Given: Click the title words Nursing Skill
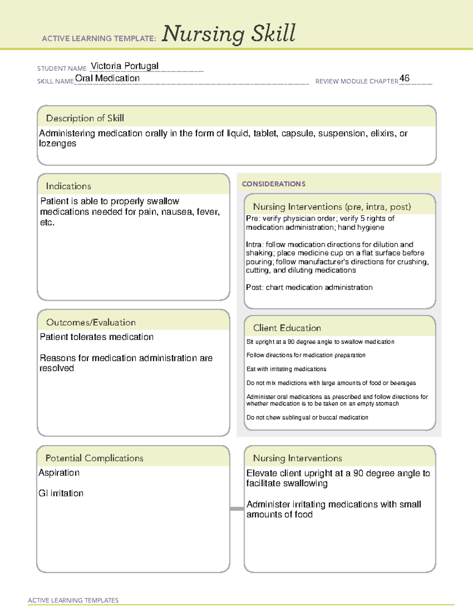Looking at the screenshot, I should [x=228, y=34].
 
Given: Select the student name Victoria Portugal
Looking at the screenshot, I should [x=125, y=66].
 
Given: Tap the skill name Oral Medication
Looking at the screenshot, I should [x=107, y=78].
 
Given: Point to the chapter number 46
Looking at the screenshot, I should [x=404, y=78].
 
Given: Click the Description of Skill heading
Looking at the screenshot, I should [x=85, y=118].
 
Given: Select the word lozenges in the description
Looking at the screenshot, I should [x=58, y=144].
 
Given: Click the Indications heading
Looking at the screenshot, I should [x=68, y=186].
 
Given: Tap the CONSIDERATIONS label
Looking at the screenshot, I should [x=274, y=184].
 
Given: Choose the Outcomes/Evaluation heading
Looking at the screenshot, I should [x=91, y=322].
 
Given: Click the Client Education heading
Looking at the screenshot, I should [x=287, y=328].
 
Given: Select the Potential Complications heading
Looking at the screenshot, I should [x=94, y=458].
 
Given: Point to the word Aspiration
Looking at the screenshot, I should [x=59, y=473].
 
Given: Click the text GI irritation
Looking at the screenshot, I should [x=61, y=493].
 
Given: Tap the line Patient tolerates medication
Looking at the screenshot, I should [x=97, y=337].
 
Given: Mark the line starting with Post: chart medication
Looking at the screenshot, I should [x=309, y=287].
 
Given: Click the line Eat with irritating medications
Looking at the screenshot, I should [x=286, y=369].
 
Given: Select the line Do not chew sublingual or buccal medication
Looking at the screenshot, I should [x=307, y=417].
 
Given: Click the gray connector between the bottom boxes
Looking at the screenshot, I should [x=237, y=509].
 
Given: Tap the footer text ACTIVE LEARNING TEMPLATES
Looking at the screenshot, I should [x=73, y=600].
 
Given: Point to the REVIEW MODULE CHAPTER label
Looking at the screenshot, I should [x=357, y=81].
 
